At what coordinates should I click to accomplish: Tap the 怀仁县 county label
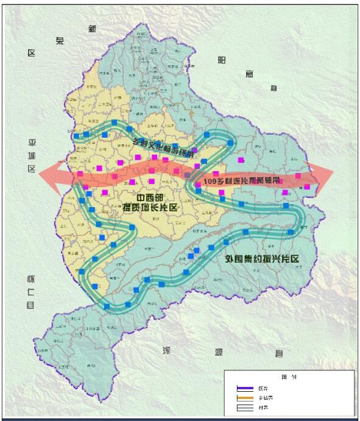click(x=30, y=292)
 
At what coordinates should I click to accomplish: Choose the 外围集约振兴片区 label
click(x=263, y=258)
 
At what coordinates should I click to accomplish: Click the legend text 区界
click(x=263, y=388)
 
